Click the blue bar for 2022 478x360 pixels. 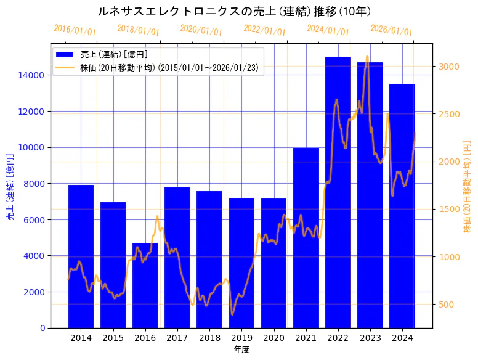(x=338, y=192)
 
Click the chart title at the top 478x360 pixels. (x=234, y=11)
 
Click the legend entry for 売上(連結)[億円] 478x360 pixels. (x=114, y=54)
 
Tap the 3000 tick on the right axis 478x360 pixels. (x=449, y=67)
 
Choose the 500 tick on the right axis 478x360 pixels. (x=447, y=304)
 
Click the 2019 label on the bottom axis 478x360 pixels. (x=241, y=338)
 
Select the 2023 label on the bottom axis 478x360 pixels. (x=370, y=338)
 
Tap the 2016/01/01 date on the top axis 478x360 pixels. (x=75, y=30)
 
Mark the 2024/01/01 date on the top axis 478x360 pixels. (x=328, y=30)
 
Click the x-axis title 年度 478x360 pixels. (x=241, y=350)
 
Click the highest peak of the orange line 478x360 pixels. (x=367, y=57)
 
